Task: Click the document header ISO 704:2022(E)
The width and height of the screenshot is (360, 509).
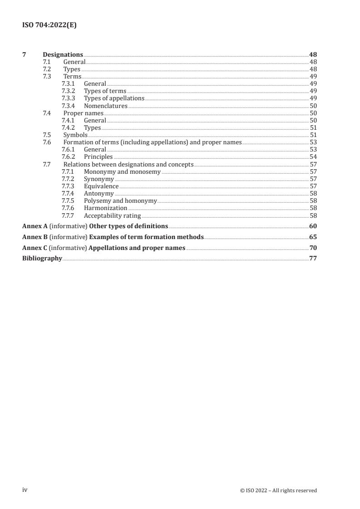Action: tap(49, 25)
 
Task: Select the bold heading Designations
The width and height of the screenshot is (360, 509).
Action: tap(63, 55)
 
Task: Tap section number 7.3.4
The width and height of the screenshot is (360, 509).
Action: tap(68, 106)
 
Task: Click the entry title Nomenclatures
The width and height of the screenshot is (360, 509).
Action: tap(105, 106)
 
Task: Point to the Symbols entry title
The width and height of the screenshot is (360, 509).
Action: tap(75, 135)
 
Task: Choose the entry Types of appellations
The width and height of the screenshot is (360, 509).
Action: tap(114, 98)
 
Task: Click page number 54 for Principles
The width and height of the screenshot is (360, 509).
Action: tap(313, 157)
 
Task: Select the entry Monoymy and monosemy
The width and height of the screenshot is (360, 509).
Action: tap(122, 172)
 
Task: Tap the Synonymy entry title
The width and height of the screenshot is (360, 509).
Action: tap(99, 179)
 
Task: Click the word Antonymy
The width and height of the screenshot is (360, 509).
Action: tap(99, 194)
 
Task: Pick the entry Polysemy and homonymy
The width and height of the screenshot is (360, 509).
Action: tap(120, 201)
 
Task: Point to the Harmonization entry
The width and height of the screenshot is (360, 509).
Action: tap(105, 208)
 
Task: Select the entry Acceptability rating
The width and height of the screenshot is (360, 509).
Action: tap(112, 216)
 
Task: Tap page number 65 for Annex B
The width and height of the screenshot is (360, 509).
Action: tap(313, 237)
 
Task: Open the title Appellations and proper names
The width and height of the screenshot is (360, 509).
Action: tap(137, 248)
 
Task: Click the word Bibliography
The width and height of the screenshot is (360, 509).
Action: tap(42, 258)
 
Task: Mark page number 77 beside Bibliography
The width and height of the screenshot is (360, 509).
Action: tap(313, 258)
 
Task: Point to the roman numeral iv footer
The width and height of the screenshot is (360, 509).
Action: tap(25, 490)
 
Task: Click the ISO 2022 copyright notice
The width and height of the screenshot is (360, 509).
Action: tap(278, 490)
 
